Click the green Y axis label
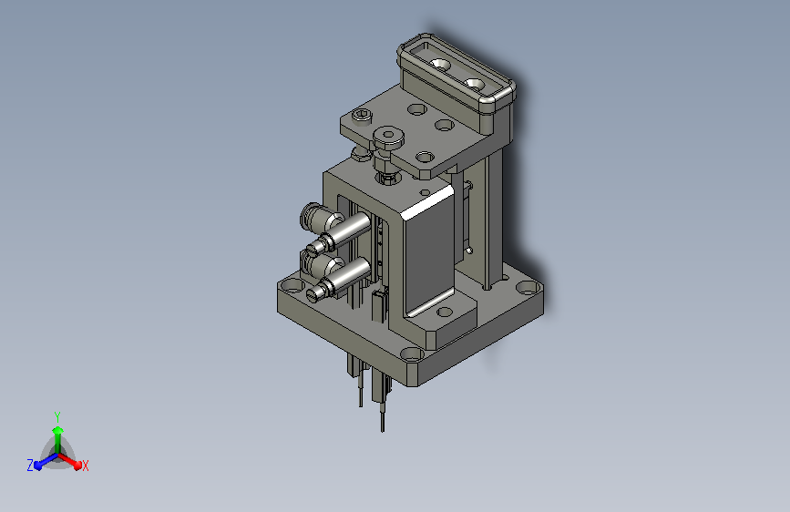(x=56, y=415)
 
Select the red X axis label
(x=85, y=466)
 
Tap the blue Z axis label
(x=30, y=465)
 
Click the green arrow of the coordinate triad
(x=57, y=434)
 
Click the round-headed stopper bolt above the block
(x=390, y=138)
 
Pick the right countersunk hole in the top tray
(x=474, y=84)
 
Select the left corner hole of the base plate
(x=292, y=285)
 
